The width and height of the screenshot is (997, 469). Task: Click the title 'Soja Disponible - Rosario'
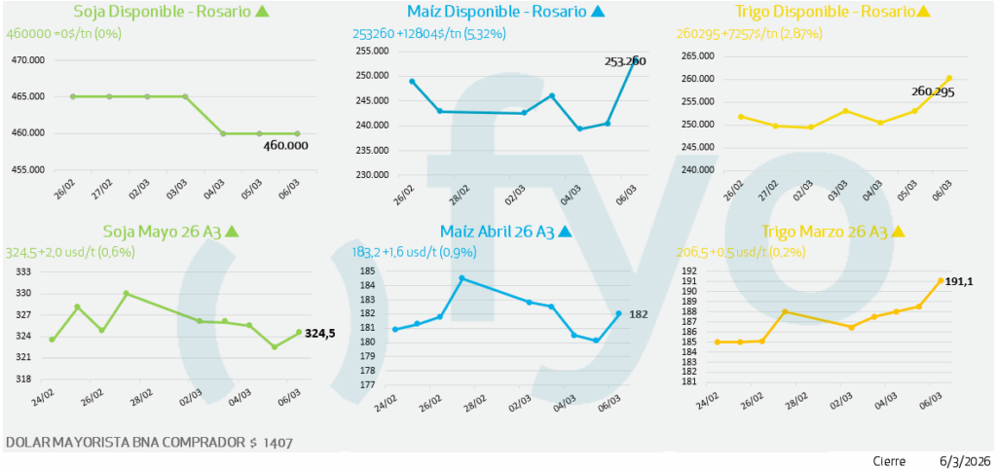coord(163,13)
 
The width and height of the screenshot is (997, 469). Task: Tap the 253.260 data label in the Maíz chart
coord(624,60)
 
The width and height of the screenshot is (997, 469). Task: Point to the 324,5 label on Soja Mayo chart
coord(319,334)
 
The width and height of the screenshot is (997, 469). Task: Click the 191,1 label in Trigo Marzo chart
coord(960,280)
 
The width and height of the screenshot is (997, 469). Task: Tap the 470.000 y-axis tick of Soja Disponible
coord(27,60)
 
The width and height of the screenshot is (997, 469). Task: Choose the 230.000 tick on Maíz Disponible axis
coord(372,175)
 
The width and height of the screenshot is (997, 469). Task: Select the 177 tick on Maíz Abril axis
coord(368,384)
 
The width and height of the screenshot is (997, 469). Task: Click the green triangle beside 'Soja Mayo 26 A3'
coord(232,232)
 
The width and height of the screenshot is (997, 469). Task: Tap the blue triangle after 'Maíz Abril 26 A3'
coord(565,232)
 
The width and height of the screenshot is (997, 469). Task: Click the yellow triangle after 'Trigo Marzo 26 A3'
coord(898,232)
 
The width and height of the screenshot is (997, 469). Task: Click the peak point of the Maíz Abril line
coord(462,278)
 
